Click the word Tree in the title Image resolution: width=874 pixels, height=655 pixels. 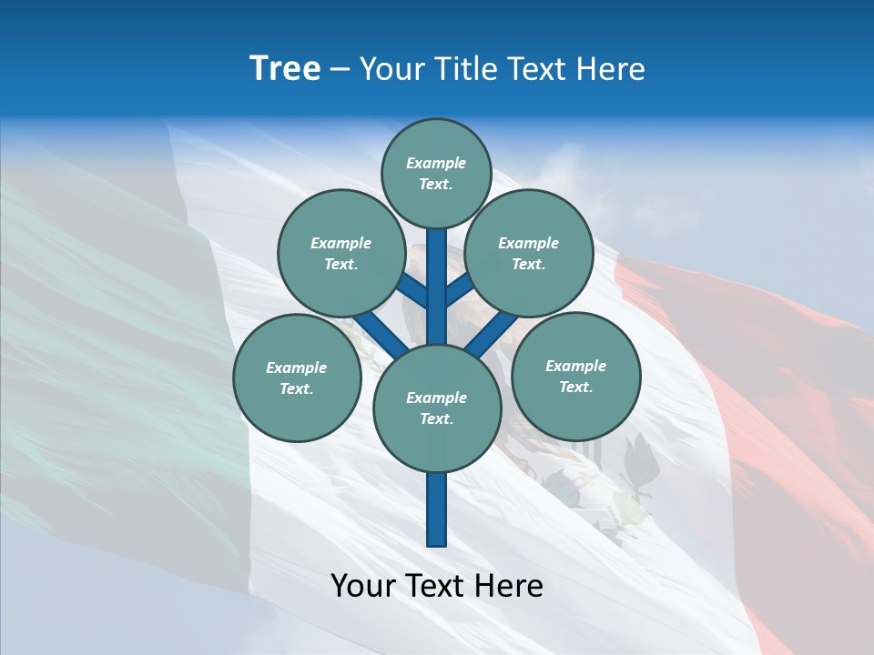(x=285, y=69)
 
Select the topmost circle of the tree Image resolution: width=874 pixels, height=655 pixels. (x=437, y=173)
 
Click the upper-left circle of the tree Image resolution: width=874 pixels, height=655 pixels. (x=340, y=253)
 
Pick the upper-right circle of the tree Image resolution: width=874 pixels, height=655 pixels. (x=528, y=253)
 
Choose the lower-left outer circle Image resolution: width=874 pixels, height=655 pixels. (x=296, y=378)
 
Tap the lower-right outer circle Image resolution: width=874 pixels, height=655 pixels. (x=575, y=376)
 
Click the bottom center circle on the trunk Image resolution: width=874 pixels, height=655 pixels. (x=437, y=408)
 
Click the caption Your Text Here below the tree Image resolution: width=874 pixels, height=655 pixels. (x=437, y=586)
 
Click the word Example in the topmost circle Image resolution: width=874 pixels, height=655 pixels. (x=436, y=163)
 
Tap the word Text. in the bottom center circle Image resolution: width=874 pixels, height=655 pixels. (x=436, y=418)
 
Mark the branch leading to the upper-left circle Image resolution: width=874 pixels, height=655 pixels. (x=412, y=289)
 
